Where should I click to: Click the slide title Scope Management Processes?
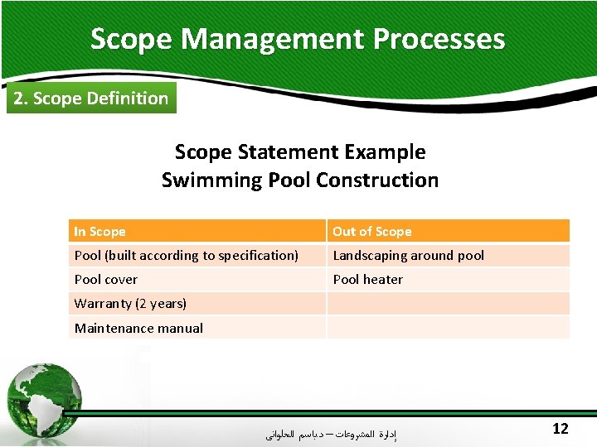point(298,39)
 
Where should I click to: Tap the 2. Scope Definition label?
point(91,99)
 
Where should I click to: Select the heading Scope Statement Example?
point(300,152)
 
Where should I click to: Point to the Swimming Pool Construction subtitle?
point(300,180)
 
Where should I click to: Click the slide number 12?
point(561,428)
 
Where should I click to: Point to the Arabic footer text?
point(331,433)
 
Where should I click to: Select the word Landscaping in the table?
point(370,256)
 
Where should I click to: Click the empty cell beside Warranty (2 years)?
point(448,304)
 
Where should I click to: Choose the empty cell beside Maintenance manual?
point(448,328)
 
